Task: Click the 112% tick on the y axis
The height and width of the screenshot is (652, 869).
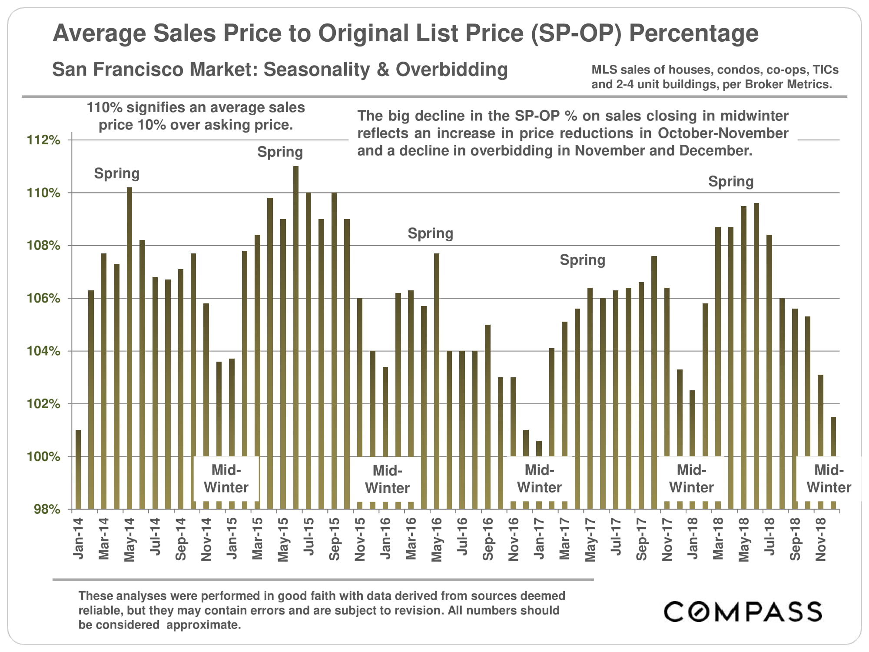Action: coord(43,140)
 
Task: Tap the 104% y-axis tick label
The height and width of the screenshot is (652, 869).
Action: coord(43,351)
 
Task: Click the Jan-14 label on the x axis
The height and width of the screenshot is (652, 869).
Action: coord(78,539)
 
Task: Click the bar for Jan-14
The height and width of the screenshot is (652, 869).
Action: coord(78,469)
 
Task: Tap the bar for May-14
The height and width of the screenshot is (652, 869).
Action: coord(129,348)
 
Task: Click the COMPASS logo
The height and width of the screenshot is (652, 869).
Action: coord(743,612)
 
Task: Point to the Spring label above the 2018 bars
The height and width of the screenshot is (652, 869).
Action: coord(731,181)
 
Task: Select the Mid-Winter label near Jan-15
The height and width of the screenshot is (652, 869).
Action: coord(226,479)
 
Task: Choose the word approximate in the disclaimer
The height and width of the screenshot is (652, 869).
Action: coord(203,625)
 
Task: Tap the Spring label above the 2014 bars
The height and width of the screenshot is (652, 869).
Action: coord(117,173)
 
